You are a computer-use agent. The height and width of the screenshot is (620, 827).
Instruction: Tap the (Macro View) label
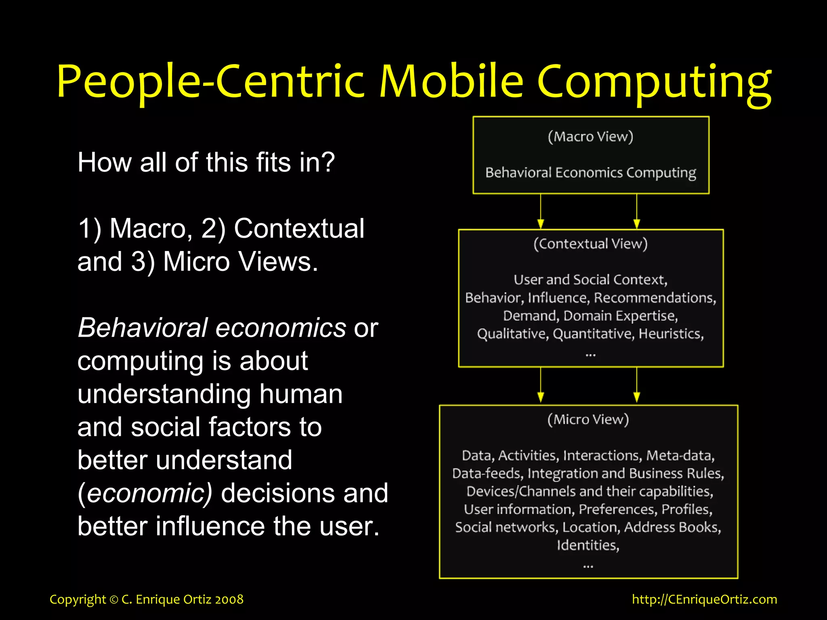point(590,136)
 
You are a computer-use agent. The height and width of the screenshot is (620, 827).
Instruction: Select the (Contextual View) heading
point(590,244)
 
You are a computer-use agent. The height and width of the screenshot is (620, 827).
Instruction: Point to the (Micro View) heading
point(588,419)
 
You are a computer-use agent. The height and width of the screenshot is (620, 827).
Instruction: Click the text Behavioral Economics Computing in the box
point(590,173)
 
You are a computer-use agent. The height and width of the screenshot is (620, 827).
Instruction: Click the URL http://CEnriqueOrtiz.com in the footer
point(704,599)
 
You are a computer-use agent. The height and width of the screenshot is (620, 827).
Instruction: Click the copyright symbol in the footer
point(114,600)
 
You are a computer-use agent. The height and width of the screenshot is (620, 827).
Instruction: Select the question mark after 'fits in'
point(328,162)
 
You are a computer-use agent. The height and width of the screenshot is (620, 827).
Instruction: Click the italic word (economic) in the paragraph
point(145,493)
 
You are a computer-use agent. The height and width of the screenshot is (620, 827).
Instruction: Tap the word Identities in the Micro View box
point(588,545)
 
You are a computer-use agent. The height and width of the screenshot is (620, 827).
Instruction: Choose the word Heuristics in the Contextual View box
point(671,334)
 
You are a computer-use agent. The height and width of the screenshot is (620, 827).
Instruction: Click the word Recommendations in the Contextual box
point(655,298)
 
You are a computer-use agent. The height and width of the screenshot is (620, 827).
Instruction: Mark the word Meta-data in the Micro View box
point(680,455)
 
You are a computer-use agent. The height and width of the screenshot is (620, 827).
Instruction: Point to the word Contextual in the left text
point(299,228)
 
